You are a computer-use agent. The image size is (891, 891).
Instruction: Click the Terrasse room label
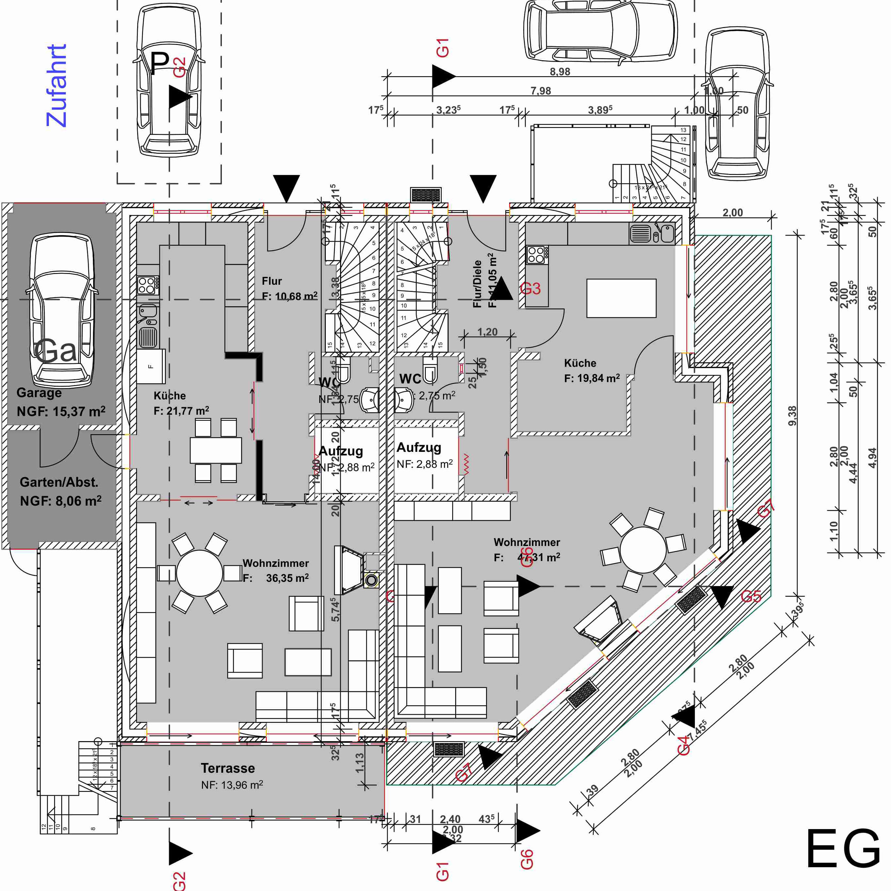pyautogui.click(x=228, y=768)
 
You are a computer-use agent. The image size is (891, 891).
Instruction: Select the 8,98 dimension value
pyautogui.click(x=560, y=71)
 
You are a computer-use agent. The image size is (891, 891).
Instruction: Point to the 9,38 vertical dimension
pyautogui.click(x=792, y=415)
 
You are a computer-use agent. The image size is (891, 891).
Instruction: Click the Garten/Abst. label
pyautogui.click(x=59, y=482)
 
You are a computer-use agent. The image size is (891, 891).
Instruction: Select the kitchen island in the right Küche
pyautogui.click(x=621, y=298)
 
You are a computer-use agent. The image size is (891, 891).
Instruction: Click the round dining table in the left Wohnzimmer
pyautogui.click(x=199, y=573)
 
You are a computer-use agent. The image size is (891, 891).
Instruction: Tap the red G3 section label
pyautogui.click(x=530, y=289)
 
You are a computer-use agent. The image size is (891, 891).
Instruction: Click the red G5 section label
pyautogui.click(x=751, y=596)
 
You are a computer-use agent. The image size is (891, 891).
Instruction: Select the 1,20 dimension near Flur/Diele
pyautogui.click(x=487, y=332)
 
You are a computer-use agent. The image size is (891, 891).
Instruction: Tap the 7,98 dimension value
pyautogui.click(x=540, y=91)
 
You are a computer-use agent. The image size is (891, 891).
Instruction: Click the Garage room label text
pyautogui.click(x=39, y=393)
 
